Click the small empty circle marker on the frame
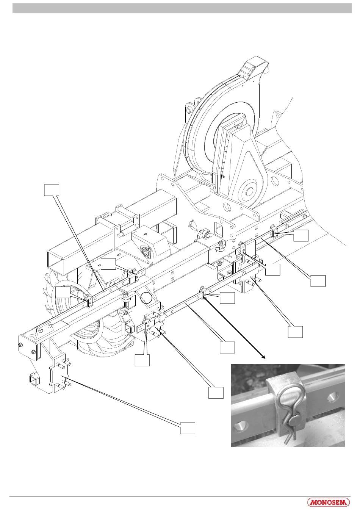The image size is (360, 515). pos(147,298)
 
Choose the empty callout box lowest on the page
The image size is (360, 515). pos(188,428)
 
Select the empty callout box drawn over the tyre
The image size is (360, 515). pos(63,293)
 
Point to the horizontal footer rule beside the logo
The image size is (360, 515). pos(152,496)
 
